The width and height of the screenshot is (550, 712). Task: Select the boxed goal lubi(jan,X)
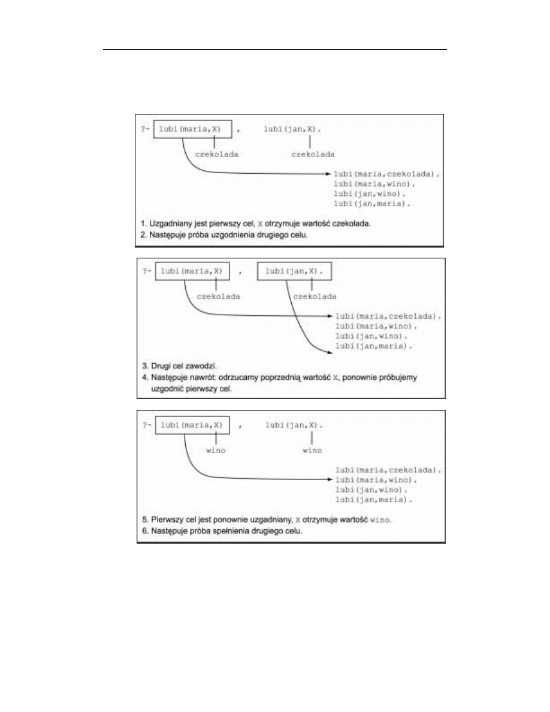tap(293, 271)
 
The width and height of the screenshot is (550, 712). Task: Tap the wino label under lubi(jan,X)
tap(312, 450)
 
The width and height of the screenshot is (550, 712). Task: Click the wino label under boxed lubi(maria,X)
tap(215, 450)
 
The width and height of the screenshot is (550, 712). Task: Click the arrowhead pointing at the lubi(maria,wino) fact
tap(330, 480)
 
